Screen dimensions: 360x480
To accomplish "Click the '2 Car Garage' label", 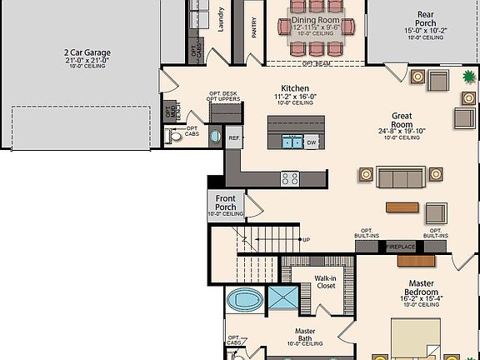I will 87,53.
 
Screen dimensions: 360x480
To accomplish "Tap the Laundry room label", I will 222,20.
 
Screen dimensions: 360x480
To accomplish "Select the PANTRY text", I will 254,27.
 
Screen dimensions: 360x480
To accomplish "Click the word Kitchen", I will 295,88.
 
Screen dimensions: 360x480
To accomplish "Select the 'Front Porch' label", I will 226,202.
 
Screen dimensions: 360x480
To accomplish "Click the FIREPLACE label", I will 402,247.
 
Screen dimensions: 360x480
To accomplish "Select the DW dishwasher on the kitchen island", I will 311,142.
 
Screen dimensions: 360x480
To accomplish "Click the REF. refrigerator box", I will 234,138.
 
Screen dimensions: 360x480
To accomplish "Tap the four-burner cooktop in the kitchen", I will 291,178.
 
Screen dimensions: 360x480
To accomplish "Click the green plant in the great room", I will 467,79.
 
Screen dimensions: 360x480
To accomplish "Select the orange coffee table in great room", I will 402,207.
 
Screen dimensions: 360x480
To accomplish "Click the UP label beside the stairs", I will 307,240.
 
